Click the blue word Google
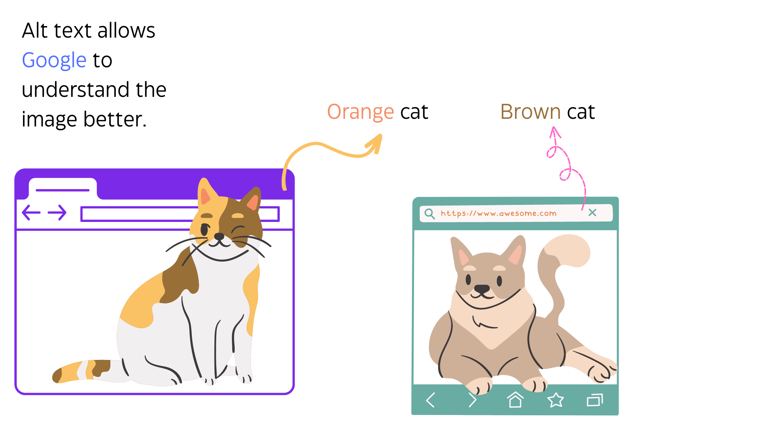click(54, 60)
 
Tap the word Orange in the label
click(360, 112)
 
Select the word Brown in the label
click(530, 112)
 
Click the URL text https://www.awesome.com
click(498, 213)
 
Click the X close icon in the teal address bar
click(592, 213)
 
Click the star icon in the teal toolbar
click(555, 400)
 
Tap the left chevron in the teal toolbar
click(430, 400)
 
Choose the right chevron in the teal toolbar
click(472, 400)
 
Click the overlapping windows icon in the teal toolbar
click(595, 400)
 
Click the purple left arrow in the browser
click(31, 213)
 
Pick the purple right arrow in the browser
click(57, 213)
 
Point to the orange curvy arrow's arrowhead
click(375, 143)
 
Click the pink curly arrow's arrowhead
click(555, 132)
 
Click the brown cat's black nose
click(482, 289)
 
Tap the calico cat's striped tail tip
click(57, 375)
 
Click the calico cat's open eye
click(204, 230)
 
